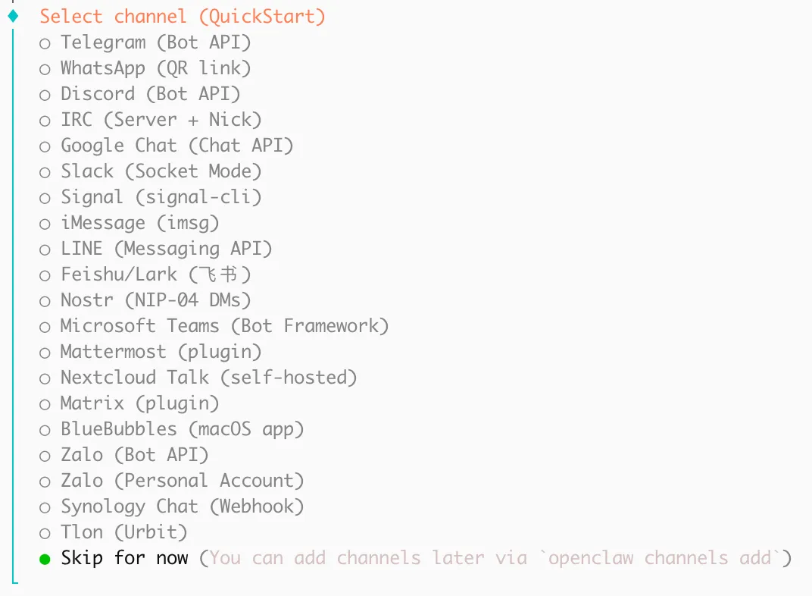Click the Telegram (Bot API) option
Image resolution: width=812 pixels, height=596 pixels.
pos(155,42)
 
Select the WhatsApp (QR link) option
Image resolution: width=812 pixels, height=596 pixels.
pos(155,68)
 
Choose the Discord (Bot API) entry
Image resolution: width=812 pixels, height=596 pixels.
pos(150,94)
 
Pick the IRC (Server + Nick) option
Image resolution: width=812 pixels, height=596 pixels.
pos(161,120)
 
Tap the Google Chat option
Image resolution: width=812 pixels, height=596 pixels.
pos(176,146)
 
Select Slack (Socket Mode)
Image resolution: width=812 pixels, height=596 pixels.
pos(161,171)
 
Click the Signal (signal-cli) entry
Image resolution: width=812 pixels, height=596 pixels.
pos(161,197)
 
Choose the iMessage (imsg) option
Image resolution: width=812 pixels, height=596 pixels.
pos(139,223)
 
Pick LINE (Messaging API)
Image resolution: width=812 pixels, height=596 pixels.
pos(166,249)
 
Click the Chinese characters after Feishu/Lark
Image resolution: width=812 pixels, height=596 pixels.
pos(220,274)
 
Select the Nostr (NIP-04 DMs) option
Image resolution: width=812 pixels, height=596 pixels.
pos(155,300)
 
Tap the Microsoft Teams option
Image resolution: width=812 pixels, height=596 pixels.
pos(224,326)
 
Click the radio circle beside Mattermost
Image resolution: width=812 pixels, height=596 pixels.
pos(45,353)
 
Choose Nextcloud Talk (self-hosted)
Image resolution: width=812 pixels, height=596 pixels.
pos(208,378)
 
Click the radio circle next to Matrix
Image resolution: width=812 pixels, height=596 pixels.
pos(45,404)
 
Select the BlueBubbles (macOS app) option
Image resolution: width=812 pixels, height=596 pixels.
pos(182,429)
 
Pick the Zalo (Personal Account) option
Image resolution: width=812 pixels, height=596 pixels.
pos(182,481)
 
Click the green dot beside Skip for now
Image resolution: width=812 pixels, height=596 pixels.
pos(45,559)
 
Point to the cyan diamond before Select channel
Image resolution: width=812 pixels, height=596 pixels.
pos(13,16)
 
